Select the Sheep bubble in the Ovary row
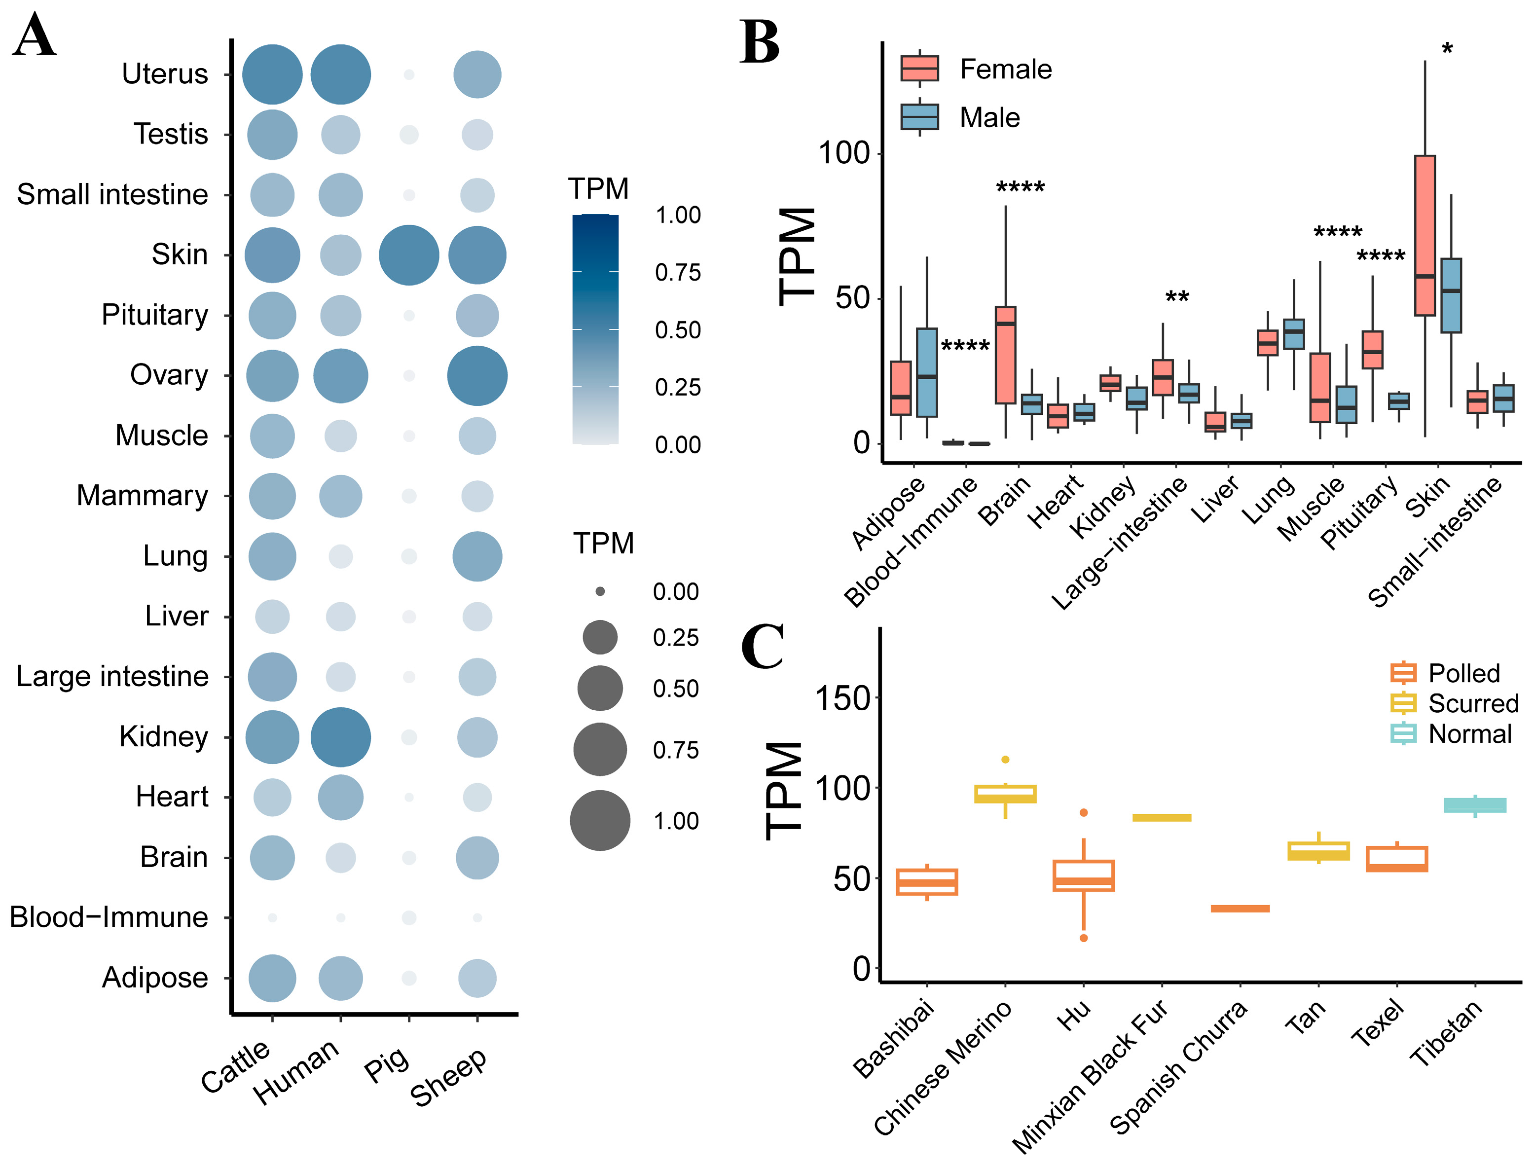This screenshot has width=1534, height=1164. (477, 376)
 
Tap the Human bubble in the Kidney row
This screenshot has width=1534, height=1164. (340, 737)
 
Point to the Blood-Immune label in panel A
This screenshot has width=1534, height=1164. (109, 917)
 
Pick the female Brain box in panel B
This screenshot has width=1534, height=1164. (1006, 355)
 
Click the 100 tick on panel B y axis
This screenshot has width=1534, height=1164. (844, 153)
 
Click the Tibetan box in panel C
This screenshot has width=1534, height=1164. (1475, 805)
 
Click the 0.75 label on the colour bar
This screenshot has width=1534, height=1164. (678, 272)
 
